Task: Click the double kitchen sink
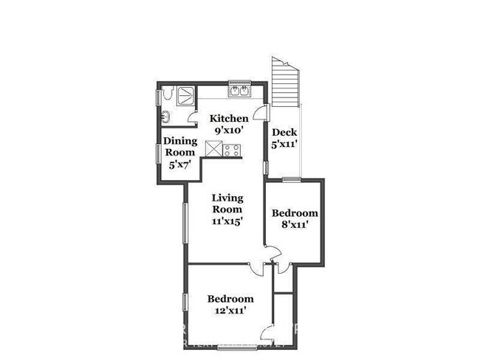(x=240, y=92)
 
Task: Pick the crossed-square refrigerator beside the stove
(x=214, y=150)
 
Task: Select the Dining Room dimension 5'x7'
(x=179, y=164)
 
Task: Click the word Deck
(x=284, y=133)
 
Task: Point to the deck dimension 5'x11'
(x=284, y=145)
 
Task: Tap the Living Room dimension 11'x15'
(x=227, y=221)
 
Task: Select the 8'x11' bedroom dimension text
(x=295, y=225)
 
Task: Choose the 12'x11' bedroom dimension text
(x=230, y=311)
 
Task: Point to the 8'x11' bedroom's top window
(x=292, y=179)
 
